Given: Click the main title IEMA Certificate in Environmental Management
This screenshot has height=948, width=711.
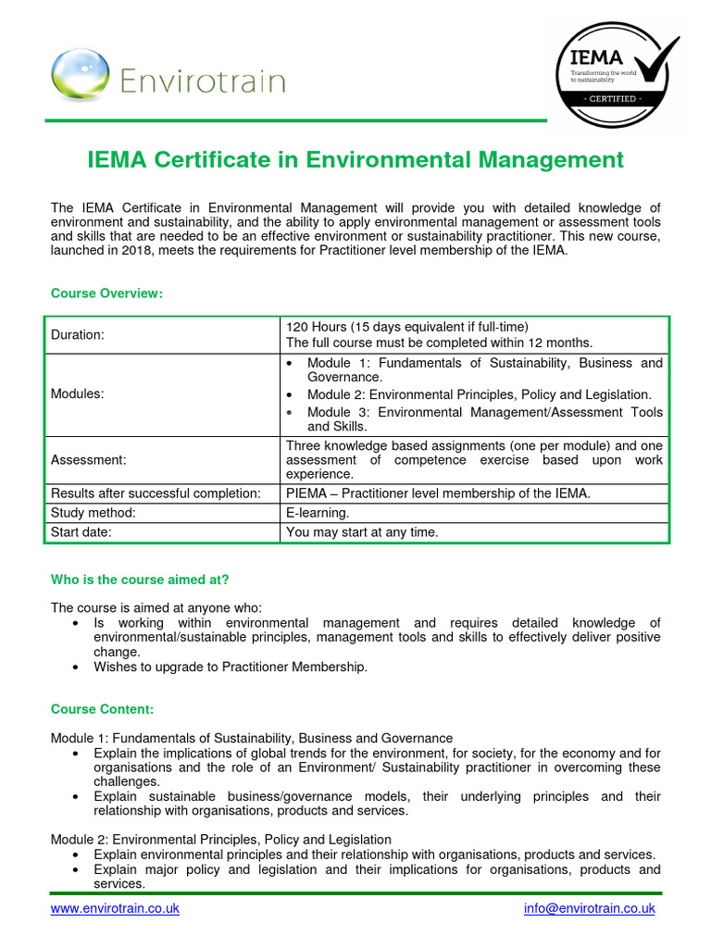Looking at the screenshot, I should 355,160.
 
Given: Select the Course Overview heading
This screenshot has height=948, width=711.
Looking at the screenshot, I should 106,293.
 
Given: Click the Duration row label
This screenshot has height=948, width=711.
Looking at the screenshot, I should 78,335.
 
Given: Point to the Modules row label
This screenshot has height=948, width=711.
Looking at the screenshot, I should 77,393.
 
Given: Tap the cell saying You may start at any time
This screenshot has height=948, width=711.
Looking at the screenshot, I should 362,532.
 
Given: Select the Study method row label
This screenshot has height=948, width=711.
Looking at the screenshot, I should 94,513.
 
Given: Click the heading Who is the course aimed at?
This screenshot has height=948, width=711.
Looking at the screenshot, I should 140,580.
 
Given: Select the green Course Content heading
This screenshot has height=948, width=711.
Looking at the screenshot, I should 102,709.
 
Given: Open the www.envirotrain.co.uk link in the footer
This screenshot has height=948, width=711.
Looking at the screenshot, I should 115,908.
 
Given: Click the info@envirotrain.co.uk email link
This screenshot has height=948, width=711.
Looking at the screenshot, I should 589,908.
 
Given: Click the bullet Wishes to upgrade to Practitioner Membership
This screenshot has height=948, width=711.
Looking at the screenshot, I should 231,667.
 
